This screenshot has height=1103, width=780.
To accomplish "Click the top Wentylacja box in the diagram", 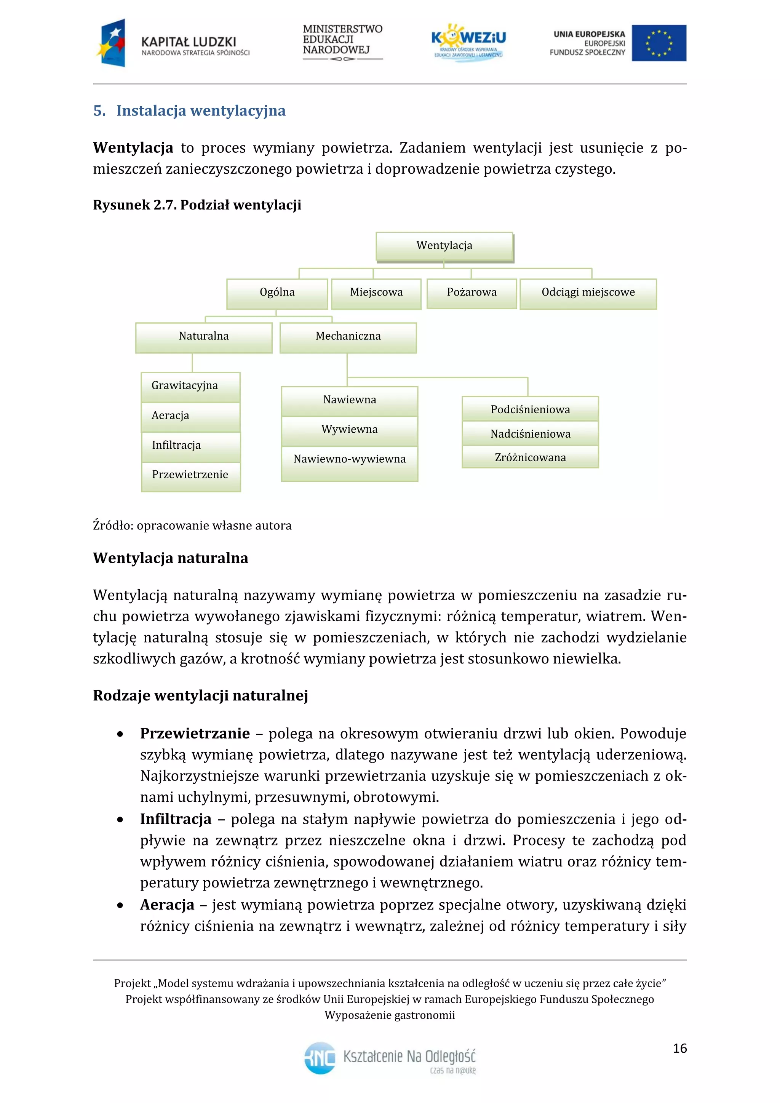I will (444, 246).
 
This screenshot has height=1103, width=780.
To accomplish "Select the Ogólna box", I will (277, 293).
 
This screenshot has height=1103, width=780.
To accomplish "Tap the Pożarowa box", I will (472, 293).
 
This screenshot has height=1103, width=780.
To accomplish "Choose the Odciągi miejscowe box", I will (588, 293).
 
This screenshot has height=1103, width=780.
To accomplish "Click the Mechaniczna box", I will (348, 337).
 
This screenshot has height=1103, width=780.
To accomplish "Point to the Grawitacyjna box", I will (191, 386).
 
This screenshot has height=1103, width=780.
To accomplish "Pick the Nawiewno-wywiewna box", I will (349, 460).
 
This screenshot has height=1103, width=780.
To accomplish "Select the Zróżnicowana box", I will (530, 458).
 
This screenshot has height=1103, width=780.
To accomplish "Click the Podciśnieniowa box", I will (530, 410).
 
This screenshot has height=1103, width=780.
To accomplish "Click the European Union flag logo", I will (659, 43).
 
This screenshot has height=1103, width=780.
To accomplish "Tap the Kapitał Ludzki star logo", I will (112, 43).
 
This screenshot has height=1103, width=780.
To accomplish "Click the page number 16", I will (679, 1048).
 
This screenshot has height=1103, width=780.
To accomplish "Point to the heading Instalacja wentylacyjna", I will (200, 111).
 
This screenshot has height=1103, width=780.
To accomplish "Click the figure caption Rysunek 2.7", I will (197, 205).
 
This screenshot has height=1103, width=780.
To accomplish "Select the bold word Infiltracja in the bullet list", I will (176, 819).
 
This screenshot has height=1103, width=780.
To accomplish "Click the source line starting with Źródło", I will (192, 526).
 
